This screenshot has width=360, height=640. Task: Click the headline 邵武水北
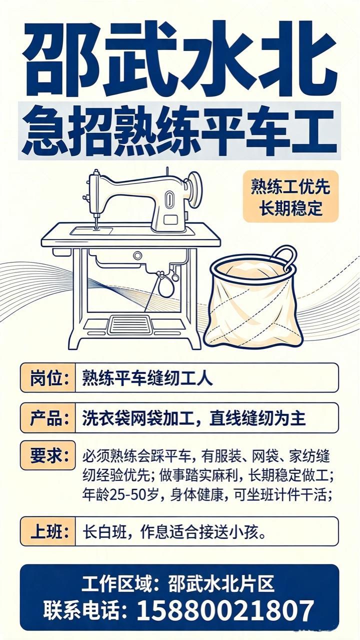click(179, 59)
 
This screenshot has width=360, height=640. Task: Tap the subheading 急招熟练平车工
click(179, 131)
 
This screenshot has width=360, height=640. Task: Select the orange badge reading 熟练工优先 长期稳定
click(290, 196)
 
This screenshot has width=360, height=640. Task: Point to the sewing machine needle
click(96, 221)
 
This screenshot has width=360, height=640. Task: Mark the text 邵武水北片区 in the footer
click(221, 583)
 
